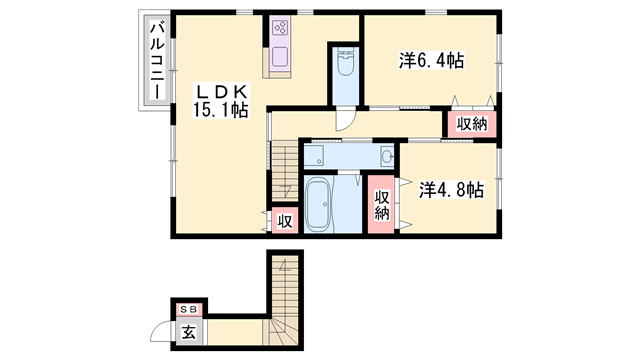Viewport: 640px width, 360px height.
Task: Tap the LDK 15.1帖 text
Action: pos(221,101)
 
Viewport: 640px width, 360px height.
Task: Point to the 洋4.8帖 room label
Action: pos(451,188)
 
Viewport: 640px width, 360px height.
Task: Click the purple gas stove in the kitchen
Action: pos(279,28)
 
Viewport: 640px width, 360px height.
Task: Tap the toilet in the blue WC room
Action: pos(344,65)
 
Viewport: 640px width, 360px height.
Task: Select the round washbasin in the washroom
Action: pos(386,155)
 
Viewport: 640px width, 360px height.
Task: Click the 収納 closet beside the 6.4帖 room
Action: pos(472,124)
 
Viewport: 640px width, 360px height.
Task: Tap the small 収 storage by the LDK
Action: pos(284,221)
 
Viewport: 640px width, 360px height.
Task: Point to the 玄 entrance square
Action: pos(188,331)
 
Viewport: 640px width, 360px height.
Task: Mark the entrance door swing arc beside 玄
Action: pos(162,333)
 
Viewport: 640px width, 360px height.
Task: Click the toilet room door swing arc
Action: pos(345,118)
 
